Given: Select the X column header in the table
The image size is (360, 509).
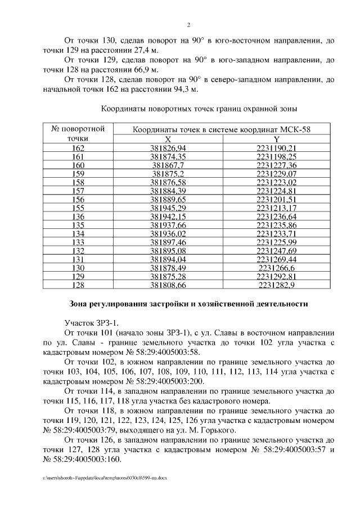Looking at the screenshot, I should pos(168,139).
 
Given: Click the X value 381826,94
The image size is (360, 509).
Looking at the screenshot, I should pos(168,148).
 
